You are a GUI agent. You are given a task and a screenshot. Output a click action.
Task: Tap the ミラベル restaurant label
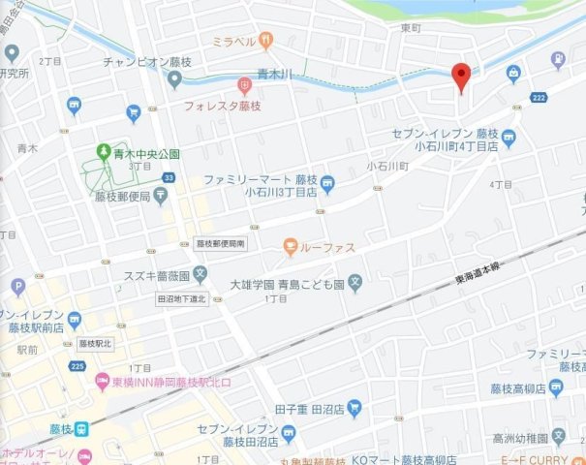[233, 42]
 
